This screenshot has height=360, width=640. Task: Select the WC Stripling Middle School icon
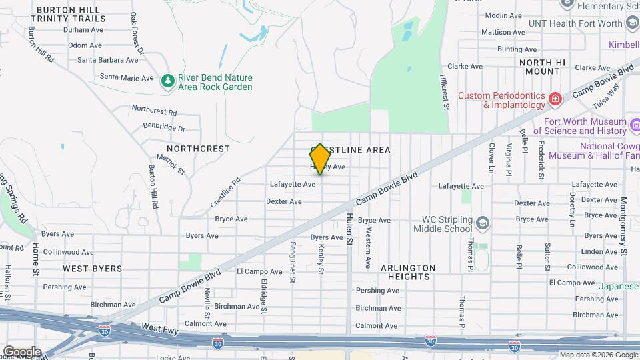pyautogui.click(x=483, y=222)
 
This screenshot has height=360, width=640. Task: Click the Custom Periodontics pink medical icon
pyautogui.click(x=555, y=100)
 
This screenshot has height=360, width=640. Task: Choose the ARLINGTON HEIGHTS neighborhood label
pyautogui.click(x=408, y=272)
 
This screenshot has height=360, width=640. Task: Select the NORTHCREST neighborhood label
pyautogui.click(x=198, y=149)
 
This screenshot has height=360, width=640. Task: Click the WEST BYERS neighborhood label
pyautogui.click(x=93, y=269)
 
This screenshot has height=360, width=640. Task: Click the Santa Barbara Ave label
pyautogui.click(x=109, y=59)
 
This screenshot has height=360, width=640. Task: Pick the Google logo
pyautogui.click(x=22, y=351)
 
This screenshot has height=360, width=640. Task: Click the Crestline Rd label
pyautogui.click(x=225, y=191)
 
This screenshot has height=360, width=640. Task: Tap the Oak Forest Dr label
pyautogui.click(x=137, y=33)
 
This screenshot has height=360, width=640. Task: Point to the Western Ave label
pyautogui.click(x=367, y=248)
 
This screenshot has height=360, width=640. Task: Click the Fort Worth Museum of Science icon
pyautogui.click(x=635, y=125)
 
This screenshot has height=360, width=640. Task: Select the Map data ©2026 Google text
pyautogui.click(x=599, y=355)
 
